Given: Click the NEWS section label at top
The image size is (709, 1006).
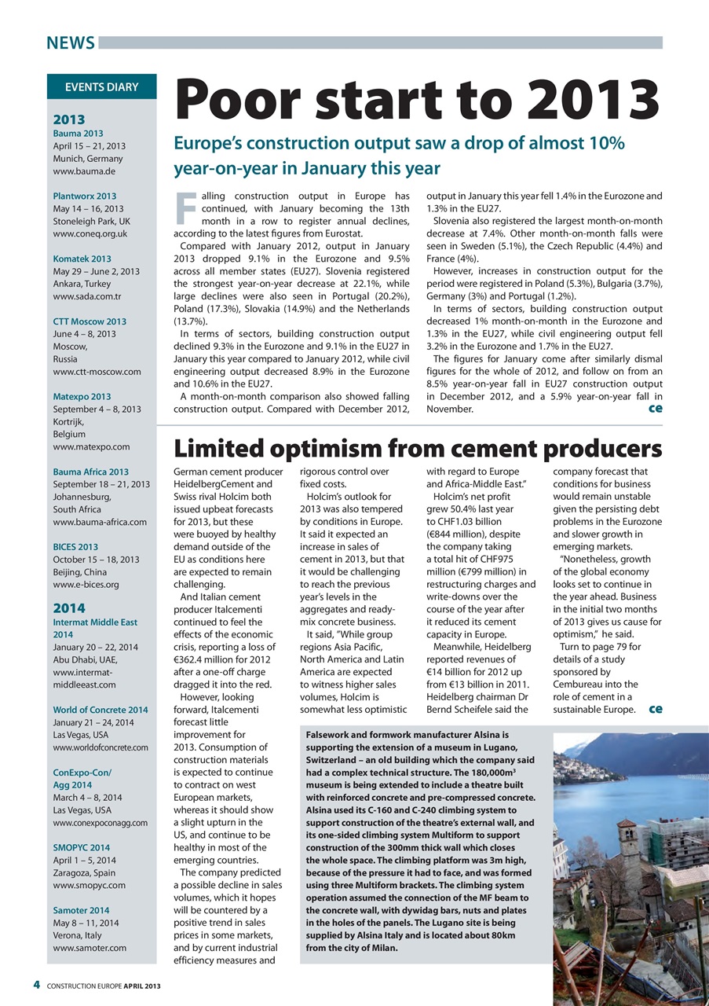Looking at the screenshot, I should (70, 42).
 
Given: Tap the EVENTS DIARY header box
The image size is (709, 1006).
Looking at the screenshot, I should (101, 87).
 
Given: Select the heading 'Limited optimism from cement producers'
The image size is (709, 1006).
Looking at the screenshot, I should (417, 448).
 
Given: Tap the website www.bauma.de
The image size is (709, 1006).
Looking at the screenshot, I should (79, 171).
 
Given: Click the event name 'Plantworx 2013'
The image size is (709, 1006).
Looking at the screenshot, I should (85, 196).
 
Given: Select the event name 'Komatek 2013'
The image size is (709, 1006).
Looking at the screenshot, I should (82, 259).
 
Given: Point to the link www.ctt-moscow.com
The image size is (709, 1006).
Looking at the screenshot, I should (97, 372).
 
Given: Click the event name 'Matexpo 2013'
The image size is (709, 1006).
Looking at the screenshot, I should (82, 397).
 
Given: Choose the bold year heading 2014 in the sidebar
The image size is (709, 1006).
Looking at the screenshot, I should (68, 608).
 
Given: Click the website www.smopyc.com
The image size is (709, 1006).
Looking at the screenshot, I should (89, 885).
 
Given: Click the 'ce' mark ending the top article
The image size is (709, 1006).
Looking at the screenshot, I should (654, 409).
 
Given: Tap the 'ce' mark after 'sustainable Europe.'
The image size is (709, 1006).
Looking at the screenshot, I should (655, 709).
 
